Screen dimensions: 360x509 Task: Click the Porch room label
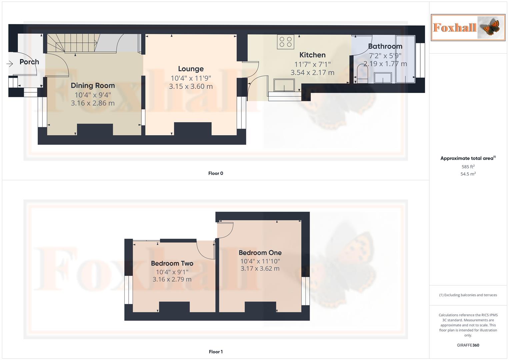pyautogui.click(x=29, y=62)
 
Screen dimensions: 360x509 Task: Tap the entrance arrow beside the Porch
pyautogui.click(x=9, y=63)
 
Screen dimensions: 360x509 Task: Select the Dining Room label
pyautogui.click(x=93, y=86)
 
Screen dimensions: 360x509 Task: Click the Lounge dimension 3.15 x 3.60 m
pyautogui.click(x=191, y=87)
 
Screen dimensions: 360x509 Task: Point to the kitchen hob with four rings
pyautogui.click(x=286, y=42)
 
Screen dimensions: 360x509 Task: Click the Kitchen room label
pyautogui.click(x=312, y=55)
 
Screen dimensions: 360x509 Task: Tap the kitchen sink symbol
pyautogui.click(x=284, y=85)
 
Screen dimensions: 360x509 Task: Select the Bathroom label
pyautogui.click(x=385, y=46)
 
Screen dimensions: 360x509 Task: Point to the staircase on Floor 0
pyautogui.click(x=72, y=43)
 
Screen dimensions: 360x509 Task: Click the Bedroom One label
pyautogui.click(x=260, y=253)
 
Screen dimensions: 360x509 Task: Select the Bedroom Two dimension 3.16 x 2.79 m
pyautogui.click(x=172, y=279)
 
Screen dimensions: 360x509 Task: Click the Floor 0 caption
pyautogui.click(x=216, y=173)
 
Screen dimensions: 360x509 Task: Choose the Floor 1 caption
pyautogui.click(x=216, y=352)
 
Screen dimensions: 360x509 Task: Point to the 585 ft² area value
pyautogui.click(x=468, y=167)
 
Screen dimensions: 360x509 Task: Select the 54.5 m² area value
pyautogui.click(x=468, y=174)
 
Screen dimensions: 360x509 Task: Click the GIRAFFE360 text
pyautogui.click(x=468, y=345)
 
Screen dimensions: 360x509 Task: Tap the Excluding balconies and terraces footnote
pyautogui.click(x=468, y=295)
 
